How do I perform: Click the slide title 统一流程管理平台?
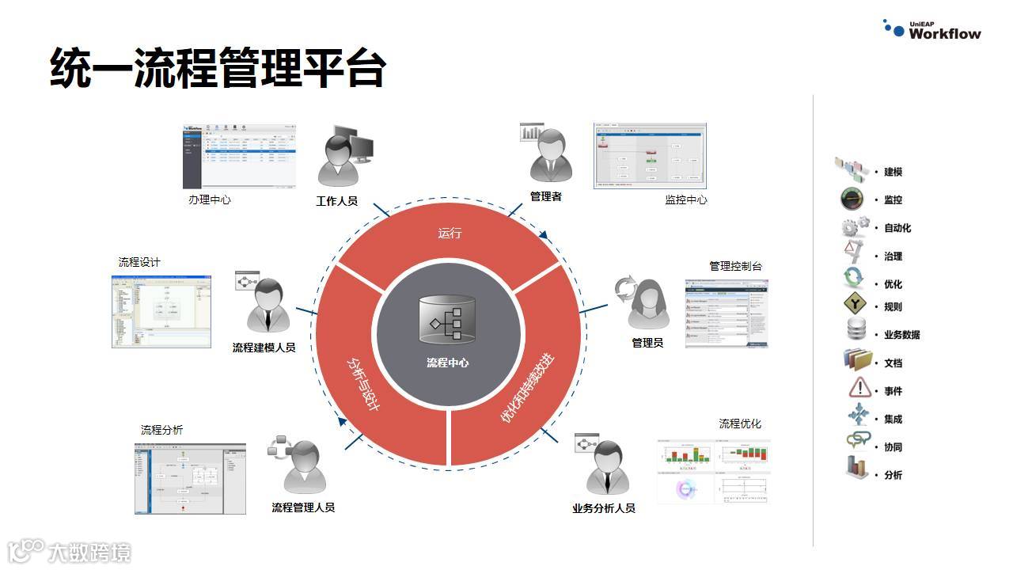[x=218, y=66]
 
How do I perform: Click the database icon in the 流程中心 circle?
[x=447, y=320]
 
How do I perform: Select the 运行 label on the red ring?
[x=450, y=233]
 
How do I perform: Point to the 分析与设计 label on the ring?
[x=364, y=383]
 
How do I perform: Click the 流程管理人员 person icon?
[x=303, y=466]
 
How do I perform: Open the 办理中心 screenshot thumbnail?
[x=239, y=155]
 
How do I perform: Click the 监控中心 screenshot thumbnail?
[x=649, y=155]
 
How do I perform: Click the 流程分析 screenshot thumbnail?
[x=190, y=478]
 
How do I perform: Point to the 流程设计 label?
[x=139, y=262]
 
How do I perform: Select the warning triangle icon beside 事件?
[x=859, y=389]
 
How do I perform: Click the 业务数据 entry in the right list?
[x=901, y=335]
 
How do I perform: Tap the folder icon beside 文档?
[x=858, y=361]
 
